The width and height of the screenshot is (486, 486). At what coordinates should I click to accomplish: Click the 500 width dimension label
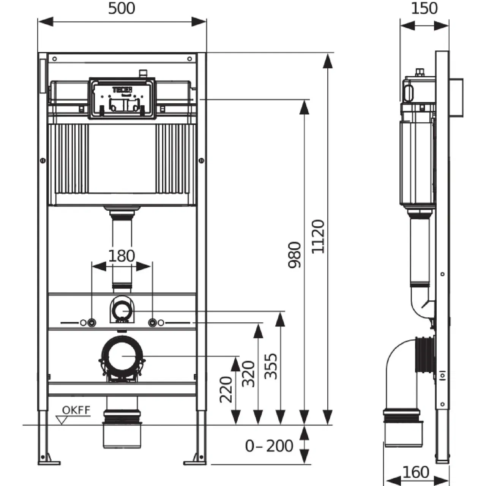[x=121, y=8]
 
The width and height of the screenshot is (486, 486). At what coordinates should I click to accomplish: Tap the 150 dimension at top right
[x=424, y=8]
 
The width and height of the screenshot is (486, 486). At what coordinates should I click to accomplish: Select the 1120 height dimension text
[x=318, y=236]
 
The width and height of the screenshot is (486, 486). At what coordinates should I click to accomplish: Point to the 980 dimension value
[x=295, y=255]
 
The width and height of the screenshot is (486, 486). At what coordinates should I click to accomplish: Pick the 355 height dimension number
[x=271, y=366]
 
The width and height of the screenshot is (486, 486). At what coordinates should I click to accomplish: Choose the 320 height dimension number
[x=249, y=374]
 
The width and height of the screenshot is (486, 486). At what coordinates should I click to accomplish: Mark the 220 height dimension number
[x=226, y=389]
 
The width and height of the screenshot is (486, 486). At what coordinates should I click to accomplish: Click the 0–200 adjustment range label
[x=269, y=446]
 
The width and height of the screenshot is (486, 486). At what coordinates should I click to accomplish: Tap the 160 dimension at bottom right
[x=416, y=472]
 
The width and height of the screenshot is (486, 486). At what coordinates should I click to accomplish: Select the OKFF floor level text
[x=76, y=410]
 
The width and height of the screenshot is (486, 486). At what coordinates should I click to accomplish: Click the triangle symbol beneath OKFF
[x=62, y=420]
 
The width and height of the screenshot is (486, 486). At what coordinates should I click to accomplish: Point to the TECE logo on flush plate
[x=122, y=90]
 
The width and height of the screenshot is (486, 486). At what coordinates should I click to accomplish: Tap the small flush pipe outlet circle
[x=122, y=311]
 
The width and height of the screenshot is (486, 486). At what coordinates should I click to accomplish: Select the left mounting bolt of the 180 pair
[x=91, y=323]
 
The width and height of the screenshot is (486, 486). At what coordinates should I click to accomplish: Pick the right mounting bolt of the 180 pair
[x=152, y=323]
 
